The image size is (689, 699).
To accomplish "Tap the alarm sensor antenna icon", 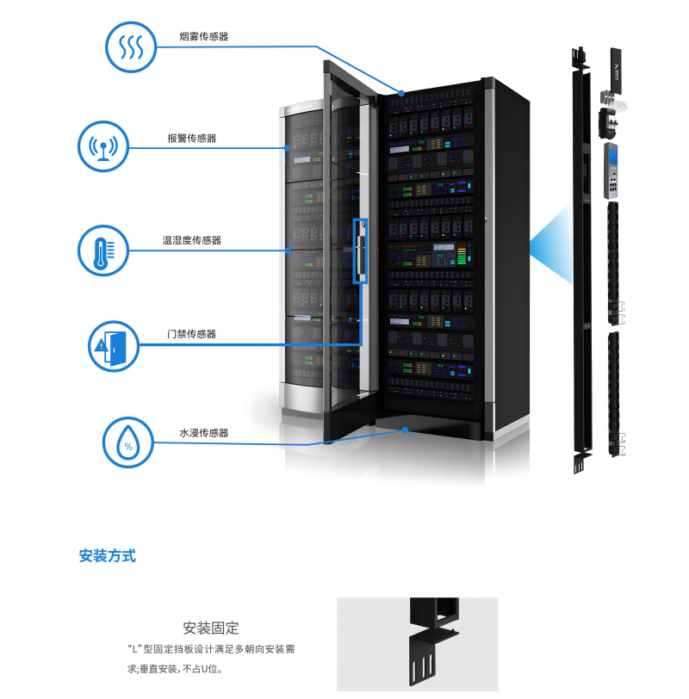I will point(104,147).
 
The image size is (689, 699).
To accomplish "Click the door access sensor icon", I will point(113,345).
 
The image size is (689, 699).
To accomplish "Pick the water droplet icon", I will point(128,442).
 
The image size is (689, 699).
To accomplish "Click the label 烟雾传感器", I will point(204,37).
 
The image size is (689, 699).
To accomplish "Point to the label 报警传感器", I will point(192,138).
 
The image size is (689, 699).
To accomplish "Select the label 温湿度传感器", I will point(192,240).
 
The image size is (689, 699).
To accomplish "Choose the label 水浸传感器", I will point(204,433).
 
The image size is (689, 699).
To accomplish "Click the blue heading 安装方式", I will point(108,555).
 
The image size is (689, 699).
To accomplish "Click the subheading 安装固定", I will point(211,628).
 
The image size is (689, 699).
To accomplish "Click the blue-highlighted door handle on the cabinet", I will point(362,251).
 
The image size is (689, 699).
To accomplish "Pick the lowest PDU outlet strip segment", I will point(615,393).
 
